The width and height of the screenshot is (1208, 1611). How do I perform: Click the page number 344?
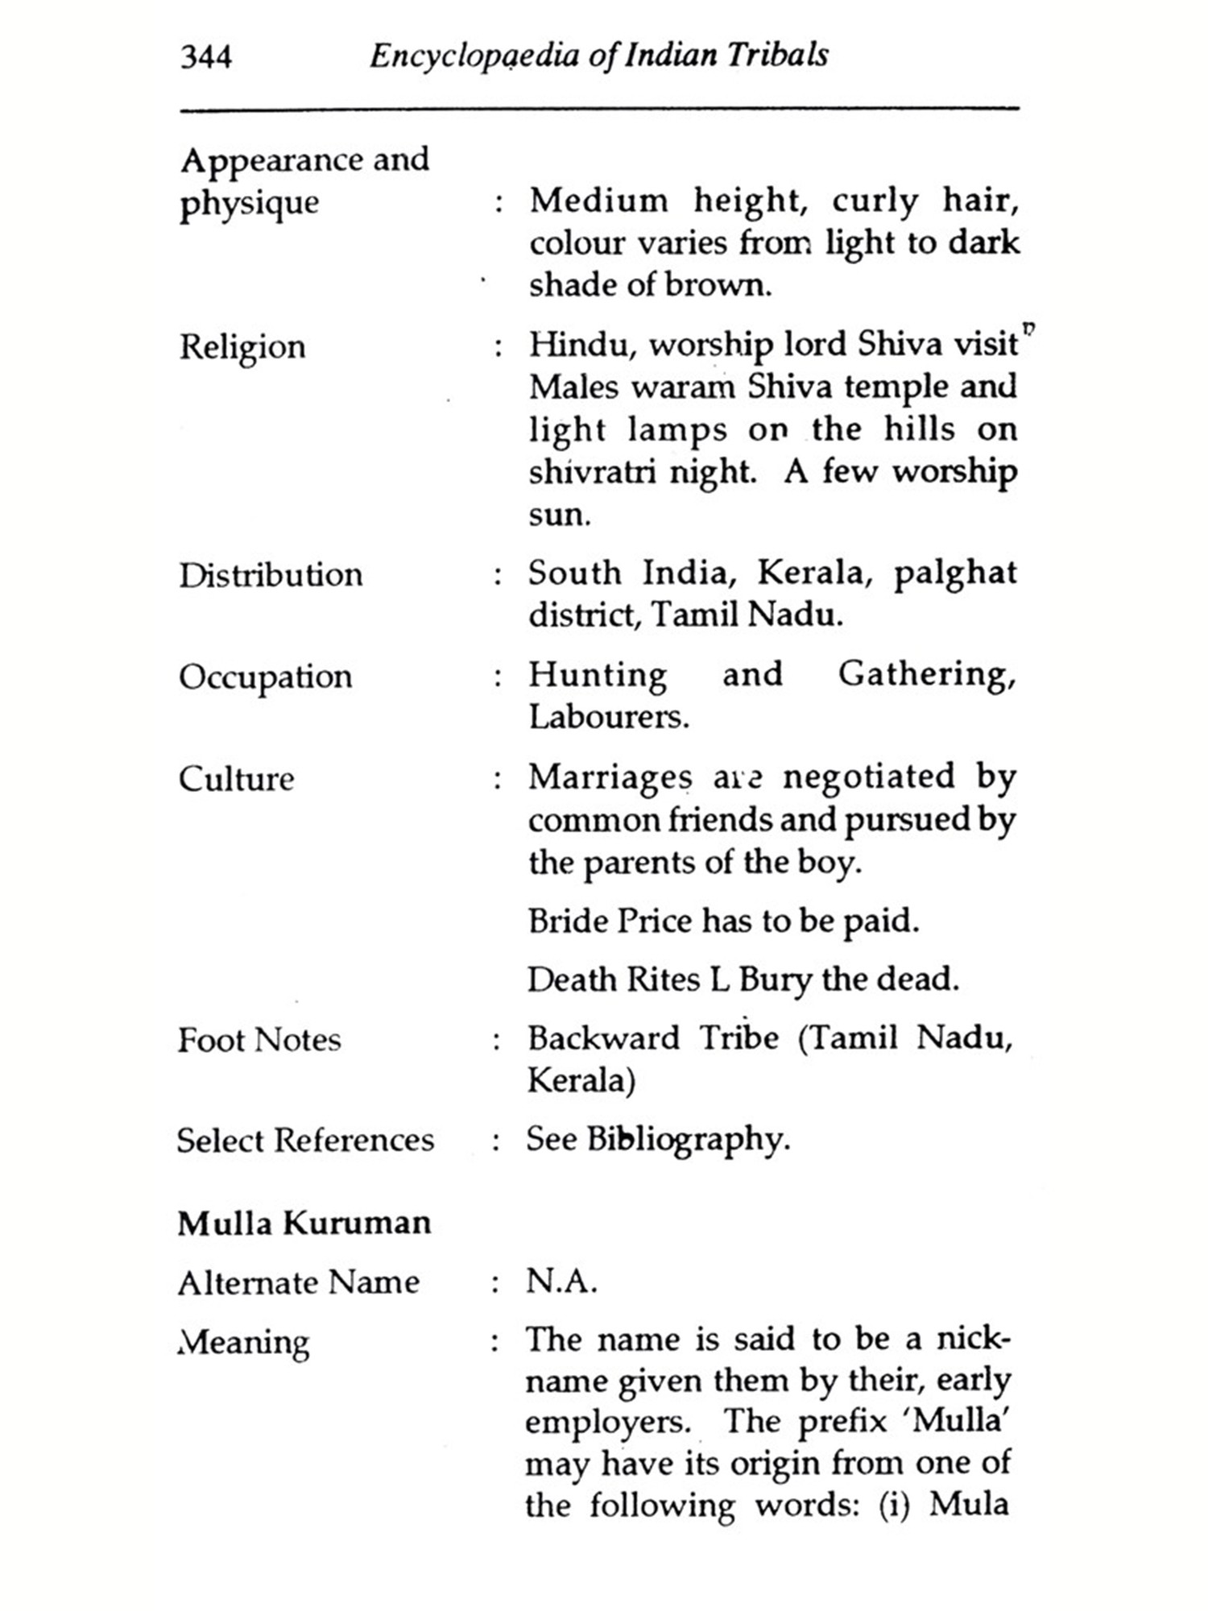(x=206, y=57)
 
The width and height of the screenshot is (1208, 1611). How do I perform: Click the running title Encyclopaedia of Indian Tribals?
(x=598, y=56)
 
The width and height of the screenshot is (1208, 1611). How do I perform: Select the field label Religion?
(x=242, y=347)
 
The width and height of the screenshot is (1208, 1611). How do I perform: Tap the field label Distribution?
(x=271, y=575)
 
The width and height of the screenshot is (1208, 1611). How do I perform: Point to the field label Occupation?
(x=266, y=677)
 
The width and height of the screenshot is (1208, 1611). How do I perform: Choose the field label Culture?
(x=236, y=779)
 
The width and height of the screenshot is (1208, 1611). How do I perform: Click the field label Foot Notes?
(x=259, y=1040)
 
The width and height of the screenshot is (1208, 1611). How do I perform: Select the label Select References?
(x=305, y=1141)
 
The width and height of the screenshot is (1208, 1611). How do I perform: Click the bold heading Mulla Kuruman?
(x=304, y=1224)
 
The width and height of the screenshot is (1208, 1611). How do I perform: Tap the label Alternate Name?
(x=299, y=1282)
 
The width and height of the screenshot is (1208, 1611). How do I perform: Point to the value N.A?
(x=561, y=1281)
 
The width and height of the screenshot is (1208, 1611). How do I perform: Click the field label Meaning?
(x=243, y=1343)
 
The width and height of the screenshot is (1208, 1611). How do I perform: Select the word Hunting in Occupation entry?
(x=598, y=675)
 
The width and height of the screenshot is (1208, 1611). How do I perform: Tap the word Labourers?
(x=608, y=717)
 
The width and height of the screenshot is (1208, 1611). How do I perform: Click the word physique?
(x=249, y=203)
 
